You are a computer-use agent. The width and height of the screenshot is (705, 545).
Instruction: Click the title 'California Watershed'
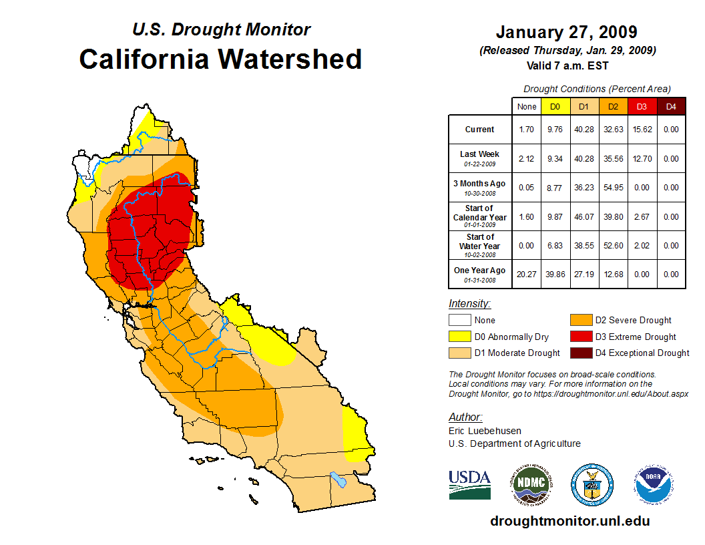click(220, 59)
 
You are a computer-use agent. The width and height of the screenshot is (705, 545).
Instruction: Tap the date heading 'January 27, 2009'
click(566, 32)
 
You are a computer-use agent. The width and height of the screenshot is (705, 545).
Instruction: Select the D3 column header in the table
click(642, 106)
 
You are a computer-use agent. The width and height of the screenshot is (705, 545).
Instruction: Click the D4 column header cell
click(671, 106)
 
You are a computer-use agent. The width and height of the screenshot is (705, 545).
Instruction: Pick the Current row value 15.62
click(642, 130)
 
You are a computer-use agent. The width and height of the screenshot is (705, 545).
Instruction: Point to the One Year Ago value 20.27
click(527, 274)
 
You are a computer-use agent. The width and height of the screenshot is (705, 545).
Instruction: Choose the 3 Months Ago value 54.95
click(612, 188)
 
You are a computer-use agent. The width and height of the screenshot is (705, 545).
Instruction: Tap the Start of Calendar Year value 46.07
click(584, 216)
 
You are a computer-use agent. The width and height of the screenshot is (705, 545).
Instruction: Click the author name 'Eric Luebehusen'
click(485, 431)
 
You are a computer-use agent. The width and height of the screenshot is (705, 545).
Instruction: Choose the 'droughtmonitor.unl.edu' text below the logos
click(569, 521)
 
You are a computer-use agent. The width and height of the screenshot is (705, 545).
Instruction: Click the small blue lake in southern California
click(338, 479)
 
